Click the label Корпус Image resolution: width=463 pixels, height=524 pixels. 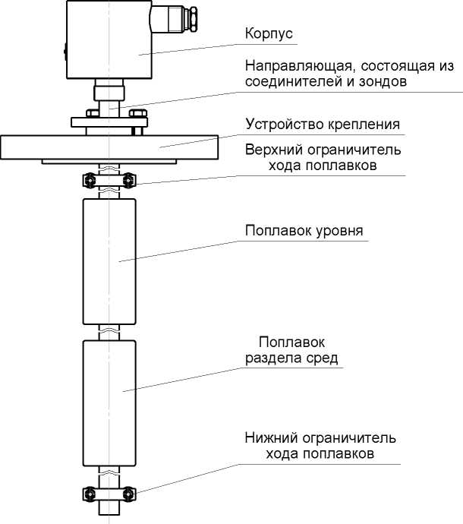pyautogui.click(x=269, y=34)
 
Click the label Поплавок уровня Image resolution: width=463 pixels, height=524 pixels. pyautogui.click(x=305, y=230)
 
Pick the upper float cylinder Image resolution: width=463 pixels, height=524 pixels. pyautogui.click(x=109, y=260)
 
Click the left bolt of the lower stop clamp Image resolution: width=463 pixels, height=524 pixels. pyautogui.click(x=89, y=495)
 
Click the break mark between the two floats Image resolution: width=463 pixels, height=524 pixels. pyautogui.click(x=109, y=331)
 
